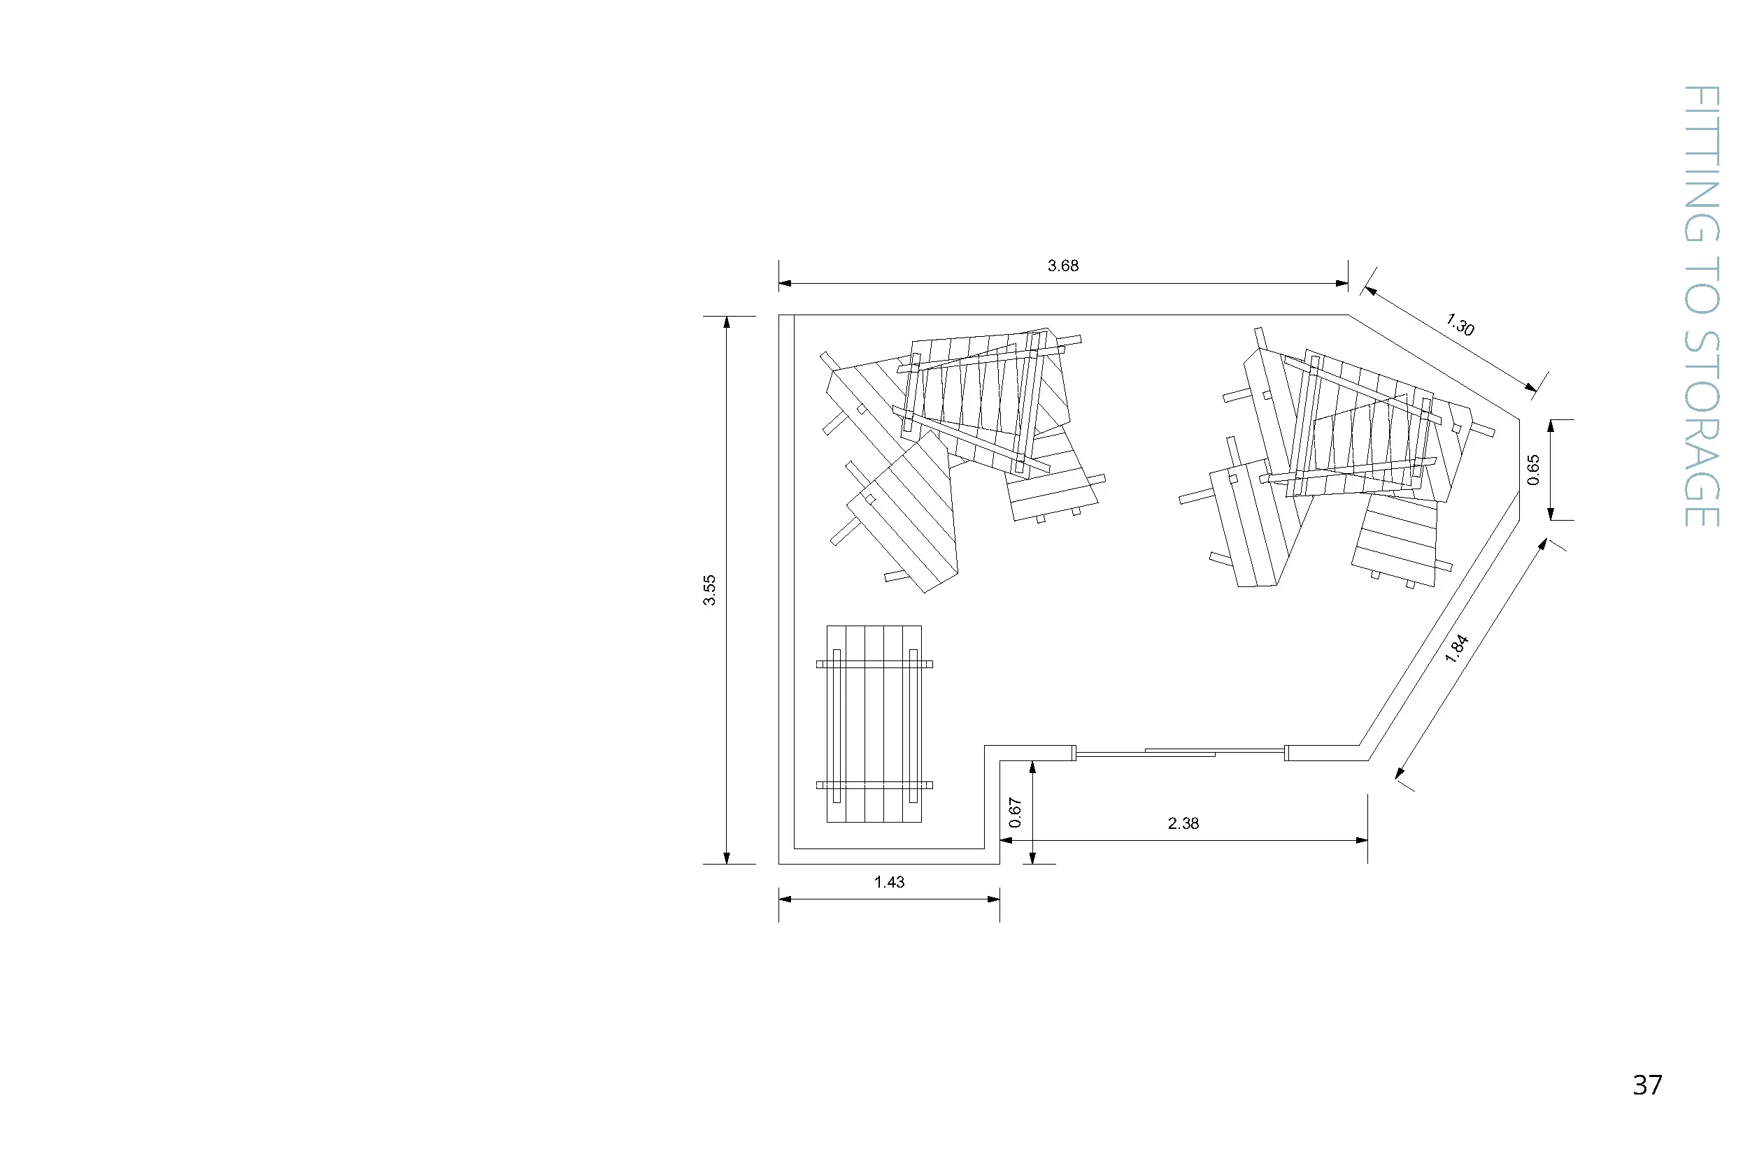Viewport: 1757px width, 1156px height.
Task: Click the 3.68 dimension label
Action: point(1062,266)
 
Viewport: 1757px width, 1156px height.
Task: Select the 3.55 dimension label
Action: point(709,590)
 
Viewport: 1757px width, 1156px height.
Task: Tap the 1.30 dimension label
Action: point(1460,324)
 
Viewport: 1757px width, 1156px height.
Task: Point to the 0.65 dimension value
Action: point(1533,470)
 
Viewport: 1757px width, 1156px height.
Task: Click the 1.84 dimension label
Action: point(1456,649)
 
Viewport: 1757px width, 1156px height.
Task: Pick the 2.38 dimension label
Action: point(1183,823)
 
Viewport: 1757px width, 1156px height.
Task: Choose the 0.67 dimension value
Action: point(1015,812)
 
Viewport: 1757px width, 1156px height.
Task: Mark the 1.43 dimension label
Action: point(889,881)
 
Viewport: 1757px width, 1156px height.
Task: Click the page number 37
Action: point(1647,1085)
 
